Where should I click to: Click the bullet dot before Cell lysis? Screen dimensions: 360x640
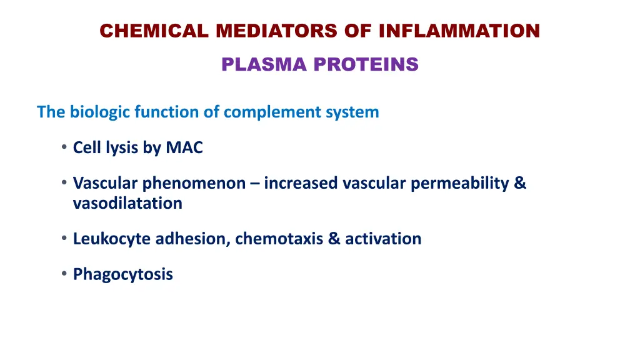64,148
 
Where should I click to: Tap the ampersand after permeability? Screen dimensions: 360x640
521,184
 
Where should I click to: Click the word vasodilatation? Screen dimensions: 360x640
127,203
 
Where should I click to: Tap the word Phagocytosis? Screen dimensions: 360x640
123,274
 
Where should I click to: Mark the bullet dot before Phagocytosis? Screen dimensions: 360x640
64,274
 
